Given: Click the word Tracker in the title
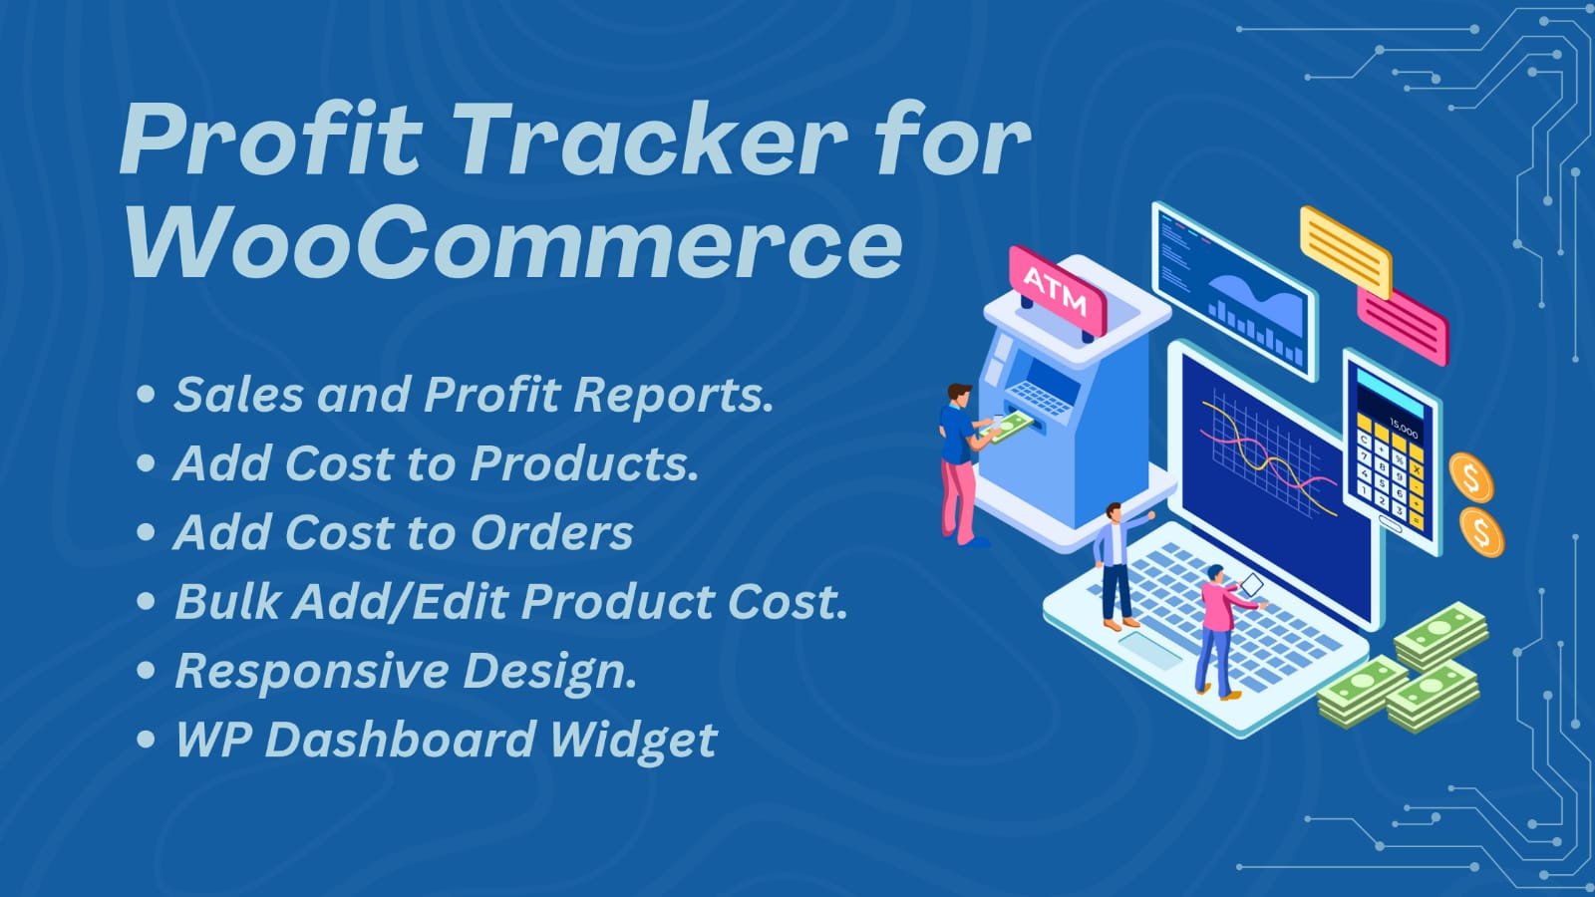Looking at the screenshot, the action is pyautogui.click(x=656, y=138).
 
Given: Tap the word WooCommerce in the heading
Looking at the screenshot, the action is pyautogui.click(x=513, y=242).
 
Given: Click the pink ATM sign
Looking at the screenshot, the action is pyautogui.click(x=1058, y=291).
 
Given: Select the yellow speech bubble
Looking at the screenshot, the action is pyautogui.click(x=1346, y=252).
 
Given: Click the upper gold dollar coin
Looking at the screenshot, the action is pyautogui.click(x=1471, y=477).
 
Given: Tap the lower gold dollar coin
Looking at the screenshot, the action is pyautogui.click(x=1481, y=531).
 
